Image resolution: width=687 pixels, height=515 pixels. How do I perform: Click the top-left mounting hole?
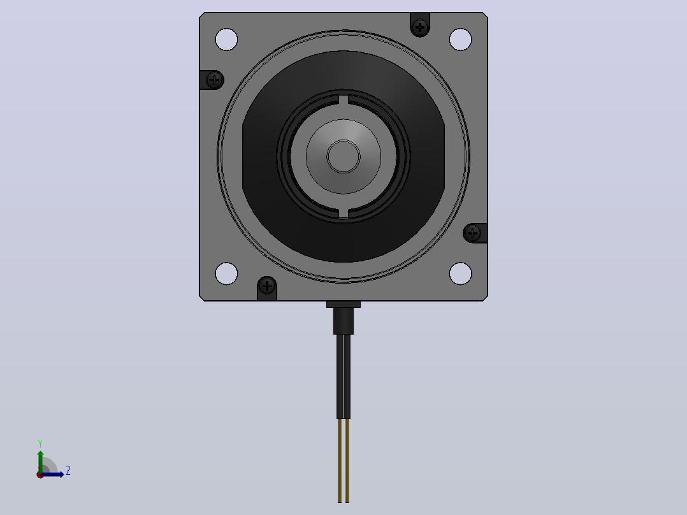(226, 40)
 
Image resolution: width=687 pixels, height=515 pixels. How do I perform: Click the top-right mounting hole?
(461, 40)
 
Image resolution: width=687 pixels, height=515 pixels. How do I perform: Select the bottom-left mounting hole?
(226, 273)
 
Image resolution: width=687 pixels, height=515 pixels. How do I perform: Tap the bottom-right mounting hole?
(461, 273)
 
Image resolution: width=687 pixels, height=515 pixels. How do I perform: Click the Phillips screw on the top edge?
(420, 27)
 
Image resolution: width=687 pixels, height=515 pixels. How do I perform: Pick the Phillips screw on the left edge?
(214, 80)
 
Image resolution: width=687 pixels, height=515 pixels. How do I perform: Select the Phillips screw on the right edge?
(472, 233)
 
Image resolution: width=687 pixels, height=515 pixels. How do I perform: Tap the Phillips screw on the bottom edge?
(267, 286)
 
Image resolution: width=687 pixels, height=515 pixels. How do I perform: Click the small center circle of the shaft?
(343, 156)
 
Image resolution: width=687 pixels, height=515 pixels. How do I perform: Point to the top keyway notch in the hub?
(343, 100)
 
